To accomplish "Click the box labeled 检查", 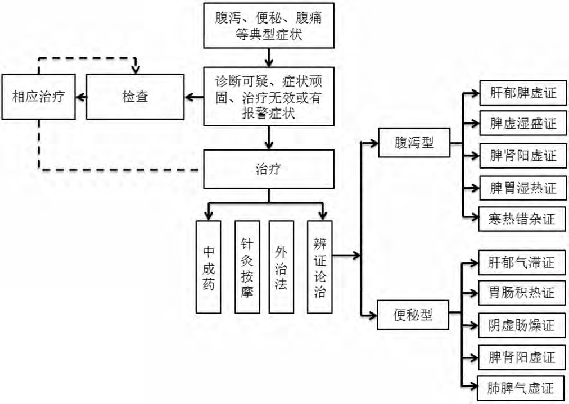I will [x=135, y=97].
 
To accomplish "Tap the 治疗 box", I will [x=269, y=168].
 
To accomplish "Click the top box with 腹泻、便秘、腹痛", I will [x=269, y=26].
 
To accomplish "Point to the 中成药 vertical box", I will [x=209, y=266].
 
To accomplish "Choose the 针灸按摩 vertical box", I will [x=246, y=266].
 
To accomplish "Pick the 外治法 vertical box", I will [x=282, y=266].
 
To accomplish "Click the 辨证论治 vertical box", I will [x=320, y=266].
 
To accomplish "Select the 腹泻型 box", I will [x=414, y=143].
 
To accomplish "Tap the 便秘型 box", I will [x=413, y=314].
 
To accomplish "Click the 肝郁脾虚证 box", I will [x=522, y=92].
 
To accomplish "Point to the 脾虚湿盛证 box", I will [x=522, y=123].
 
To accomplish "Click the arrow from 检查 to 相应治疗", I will [x=81, y=97].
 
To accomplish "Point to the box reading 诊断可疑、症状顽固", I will [x=269, y=97].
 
